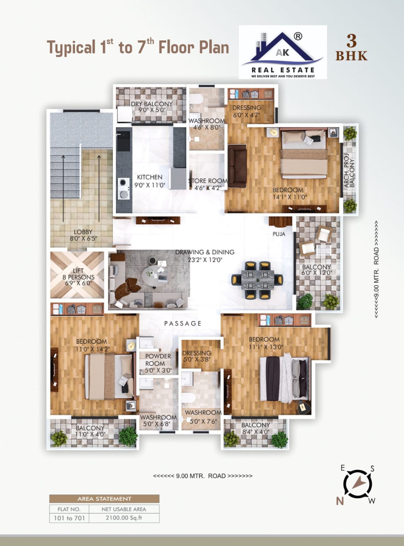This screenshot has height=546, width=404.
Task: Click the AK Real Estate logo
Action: click(283, 52)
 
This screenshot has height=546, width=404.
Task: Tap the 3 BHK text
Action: click(351, 48)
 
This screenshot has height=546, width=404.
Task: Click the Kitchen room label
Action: click(149, 181)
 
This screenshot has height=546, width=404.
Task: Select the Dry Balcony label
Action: click(151, 107)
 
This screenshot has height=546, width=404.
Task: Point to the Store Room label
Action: click(208, 184)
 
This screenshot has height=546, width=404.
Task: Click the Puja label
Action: click(279, 234)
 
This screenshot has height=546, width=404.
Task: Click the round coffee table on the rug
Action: click(155, 274)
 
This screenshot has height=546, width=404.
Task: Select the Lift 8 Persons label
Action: click(78, 277)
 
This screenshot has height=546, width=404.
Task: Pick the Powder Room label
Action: click(158, 363)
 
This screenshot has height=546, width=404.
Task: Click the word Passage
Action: click(183, 323)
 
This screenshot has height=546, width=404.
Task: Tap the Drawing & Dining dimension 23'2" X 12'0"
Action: click(205, 260)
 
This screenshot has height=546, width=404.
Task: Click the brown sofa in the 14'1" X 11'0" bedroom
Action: click(237, 166)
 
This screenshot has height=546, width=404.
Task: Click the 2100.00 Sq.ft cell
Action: click(124, 517)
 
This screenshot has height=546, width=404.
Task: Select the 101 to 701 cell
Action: click(69, 518)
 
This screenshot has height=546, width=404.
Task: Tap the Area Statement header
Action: click(104, 499)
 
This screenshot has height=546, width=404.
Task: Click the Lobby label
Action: click(83, 235)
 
